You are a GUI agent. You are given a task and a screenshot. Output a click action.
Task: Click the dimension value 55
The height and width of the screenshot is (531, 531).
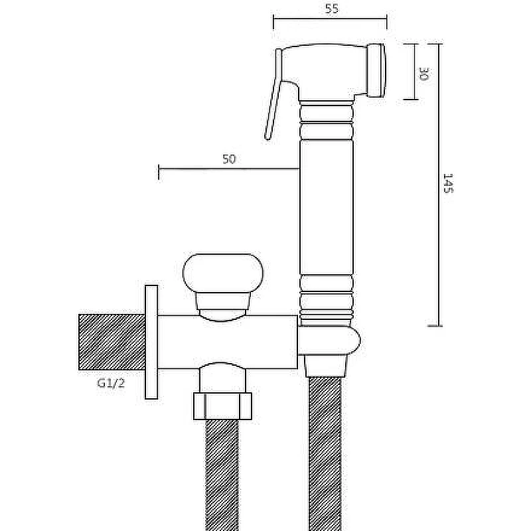(x=331, y=9)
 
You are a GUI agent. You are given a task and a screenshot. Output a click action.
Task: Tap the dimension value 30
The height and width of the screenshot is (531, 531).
(x=424, y=74)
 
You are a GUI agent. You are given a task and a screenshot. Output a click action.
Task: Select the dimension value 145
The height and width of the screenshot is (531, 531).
(x=448, y=183)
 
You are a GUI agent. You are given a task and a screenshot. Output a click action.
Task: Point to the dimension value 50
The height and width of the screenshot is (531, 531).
(x=229, y=159)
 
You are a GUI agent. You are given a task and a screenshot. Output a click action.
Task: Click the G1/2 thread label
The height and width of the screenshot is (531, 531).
(x=111, y=383)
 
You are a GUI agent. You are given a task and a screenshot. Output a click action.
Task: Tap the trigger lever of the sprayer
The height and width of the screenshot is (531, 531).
(x=273, y=95)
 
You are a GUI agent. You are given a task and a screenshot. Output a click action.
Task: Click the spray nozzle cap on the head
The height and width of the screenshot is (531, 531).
(x=377, y=70)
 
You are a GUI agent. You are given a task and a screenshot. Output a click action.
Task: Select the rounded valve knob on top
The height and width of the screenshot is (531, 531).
(x=222, y=273)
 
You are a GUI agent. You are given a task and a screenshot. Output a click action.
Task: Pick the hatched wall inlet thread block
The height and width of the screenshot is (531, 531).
(x=112, y=342)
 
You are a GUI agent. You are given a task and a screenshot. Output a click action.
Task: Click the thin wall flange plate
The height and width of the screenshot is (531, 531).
(x=151, y=342)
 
